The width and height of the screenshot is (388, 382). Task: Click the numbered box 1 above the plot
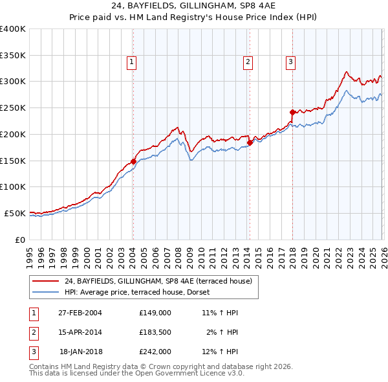coord(132,62)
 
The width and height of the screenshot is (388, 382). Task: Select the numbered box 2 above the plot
coord(248,62)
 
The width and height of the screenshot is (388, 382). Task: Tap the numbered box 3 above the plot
coord(291,62)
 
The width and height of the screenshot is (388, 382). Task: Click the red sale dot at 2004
coord(133,161)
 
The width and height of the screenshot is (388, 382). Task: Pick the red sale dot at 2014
coord(250,143)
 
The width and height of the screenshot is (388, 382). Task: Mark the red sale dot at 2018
coord(292,112)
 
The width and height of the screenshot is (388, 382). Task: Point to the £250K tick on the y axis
coord(13,108)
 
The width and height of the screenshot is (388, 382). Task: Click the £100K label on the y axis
coord(13,187)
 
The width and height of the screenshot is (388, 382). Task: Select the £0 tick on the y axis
coord(19,240)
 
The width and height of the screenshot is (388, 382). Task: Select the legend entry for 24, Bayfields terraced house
coord(162,281)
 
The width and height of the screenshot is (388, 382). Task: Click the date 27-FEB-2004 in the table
coord(80,313)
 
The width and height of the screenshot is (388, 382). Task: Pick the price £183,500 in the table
coord(155,332)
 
